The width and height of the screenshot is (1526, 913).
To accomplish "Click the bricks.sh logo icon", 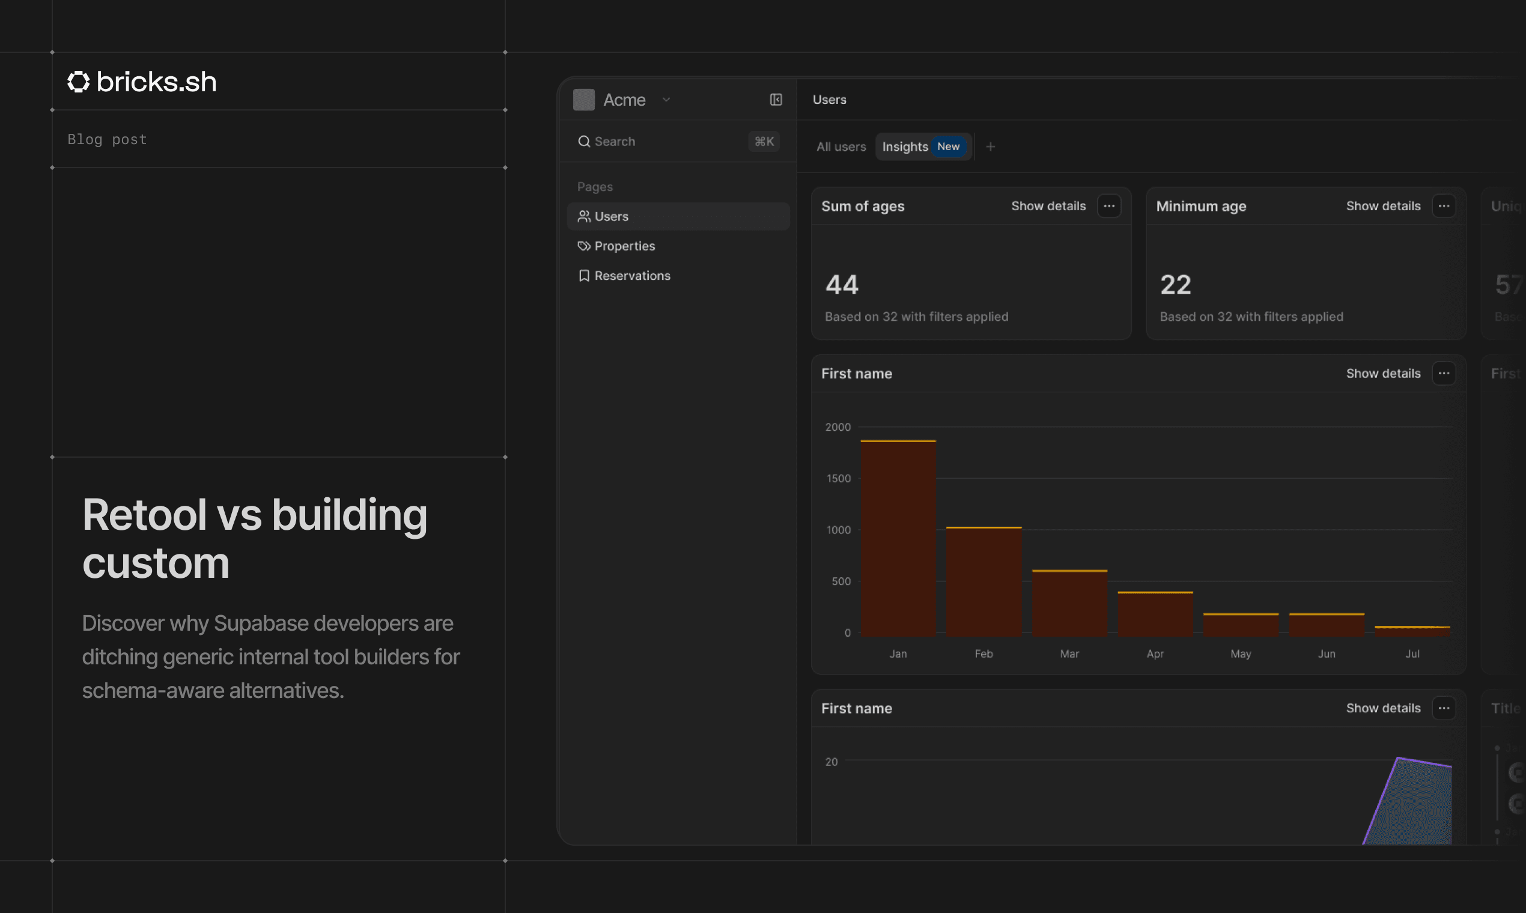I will pos(78,82).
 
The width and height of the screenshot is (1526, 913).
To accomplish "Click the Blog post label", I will pos(107,140).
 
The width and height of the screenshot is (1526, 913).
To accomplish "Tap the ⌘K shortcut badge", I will pos(764,142).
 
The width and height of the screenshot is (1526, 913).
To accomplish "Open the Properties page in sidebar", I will pos(624,246).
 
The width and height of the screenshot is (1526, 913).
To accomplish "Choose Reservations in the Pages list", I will pos(632,276).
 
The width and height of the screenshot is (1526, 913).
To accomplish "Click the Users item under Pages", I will pos(611,217).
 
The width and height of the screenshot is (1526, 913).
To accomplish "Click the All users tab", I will pos(841,147).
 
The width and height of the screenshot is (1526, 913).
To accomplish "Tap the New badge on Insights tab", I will pos(947,147).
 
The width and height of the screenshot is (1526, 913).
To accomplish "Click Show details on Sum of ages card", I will pos(1048,206).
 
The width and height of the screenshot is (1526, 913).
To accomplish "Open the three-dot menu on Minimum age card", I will pos(1443,206).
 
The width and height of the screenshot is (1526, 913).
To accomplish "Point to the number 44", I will pos(841,285).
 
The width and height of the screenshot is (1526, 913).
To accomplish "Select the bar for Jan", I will pos(898,538).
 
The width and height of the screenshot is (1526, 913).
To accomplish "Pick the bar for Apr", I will pos(1154,614).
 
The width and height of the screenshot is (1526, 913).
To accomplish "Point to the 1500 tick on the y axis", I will pos(838,479).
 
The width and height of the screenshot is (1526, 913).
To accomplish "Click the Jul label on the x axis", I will pos(1412,654).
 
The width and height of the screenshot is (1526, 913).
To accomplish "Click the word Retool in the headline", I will pos(144,515).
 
